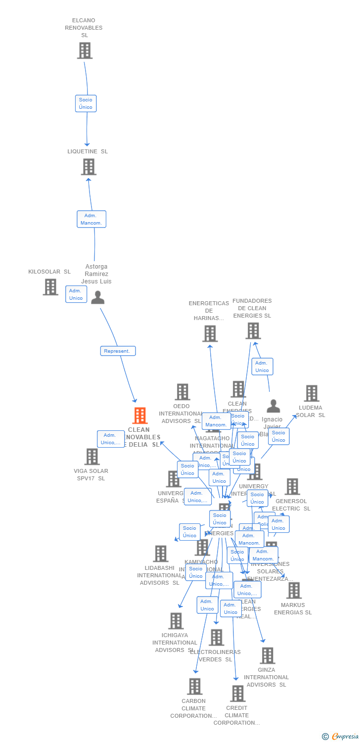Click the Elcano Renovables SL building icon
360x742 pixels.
click(85, 50)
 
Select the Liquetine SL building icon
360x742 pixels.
click(89, 167)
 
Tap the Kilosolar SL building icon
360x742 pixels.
click(50, 287)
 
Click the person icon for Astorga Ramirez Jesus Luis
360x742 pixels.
click(97, 297)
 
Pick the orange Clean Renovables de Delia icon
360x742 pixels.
click(140, 416)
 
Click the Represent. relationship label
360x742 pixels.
click(118, 351)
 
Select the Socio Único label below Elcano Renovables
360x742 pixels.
click(86, 103)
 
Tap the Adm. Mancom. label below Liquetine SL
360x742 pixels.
click(91, 219)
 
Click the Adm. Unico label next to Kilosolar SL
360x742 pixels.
click(76, 294)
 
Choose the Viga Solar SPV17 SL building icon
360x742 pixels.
click(92, 457)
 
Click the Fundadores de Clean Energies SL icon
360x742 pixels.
click(253, 330)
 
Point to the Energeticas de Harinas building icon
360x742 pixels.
click(210, 333)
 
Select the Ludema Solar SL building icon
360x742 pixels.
click(312, 393)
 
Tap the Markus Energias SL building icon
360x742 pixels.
click(294, 590)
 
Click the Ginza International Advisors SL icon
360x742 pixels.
click(267, 655)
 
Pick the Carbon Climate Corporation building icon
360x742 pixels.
click(195, 686)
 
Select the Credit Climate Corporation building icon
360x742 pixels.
click(237, 693)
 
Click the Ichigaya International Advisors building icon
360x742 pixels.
click(176, 621)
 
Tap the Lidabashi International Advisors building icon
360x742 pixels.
click(161, 554)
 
